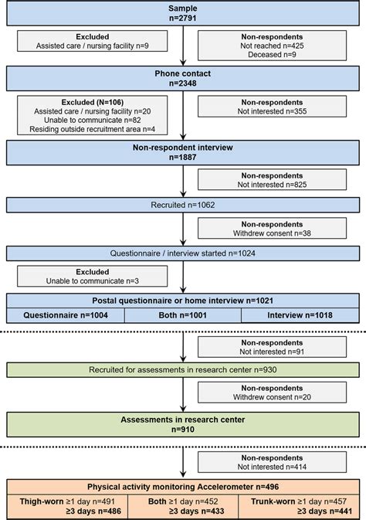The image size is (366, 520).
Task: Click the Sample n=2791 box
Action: pos(183,13)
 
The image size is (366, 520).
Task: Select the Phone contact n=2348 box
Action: pos(183,78)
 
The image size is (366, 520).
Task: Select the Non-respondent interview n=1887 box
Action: pos(183,152)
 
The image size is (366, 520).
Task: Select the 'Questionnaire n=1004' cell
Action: pos(66,315)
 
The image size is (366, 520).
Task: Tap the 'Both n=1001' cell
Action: pos(183,315)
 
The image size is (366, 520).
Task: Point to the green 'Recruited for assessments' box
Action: pos(183,369)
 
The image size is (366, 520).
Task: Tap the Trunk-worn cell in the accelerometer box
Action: pos(300,505)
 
